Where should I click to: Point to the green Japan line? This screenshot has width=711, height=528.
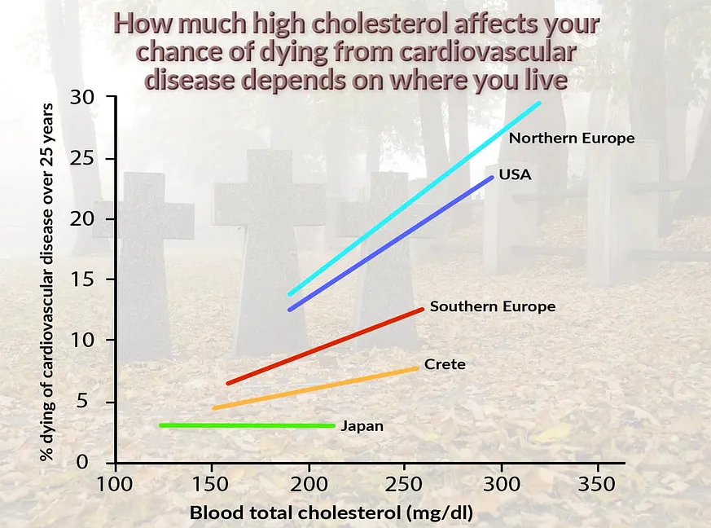point(244,425)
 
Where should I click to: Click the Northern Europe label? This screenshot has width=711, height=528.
point(571,139)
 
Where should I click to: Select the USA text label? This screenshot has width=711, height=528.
point(515,174)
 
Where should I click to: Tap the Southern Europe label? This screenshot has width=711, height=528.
point(493,307)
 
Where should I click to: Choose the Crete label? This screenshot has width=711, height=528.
point(445,364)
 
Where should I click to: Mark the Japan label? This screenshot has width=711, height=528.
point(362,425)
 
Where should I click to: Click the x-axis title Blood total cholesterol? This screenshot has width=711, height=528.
point(331,513)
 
